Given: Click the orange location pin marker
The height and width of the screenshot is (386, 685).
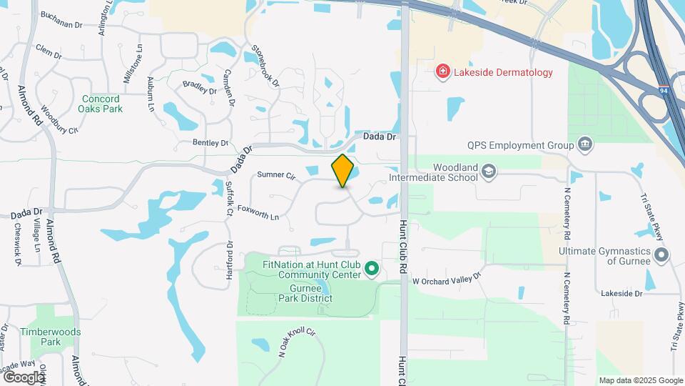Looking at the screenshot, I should click(343, 171).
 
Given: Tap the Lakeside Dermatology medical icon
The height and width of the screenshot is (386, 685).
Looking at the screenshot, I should click(443, 71).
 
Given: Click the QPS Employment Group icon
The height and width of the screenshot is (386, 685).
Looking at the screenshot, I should click(585, 145).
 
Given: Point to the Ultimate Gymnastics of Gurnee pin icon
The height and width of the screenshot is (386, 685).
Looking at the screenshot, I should click(661, 254).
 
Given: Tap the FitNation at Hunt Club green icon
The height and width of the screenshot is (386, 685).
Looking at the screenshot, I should click(371, 269).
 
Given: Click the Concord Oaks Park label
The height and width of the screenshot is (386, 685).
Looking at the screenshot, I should click(102, 104).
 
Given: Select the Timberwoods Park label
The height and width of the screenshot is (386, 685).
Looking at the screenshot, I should click(50, 337).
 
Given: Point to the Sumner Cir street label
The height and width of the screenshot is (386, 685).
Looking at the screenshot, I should click(275, 174).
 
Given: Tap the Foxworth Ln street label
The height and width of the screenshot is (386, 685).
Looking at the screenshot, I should click(258, 212).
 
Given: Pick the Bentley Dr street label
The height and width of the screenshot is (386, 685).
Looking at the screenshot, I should click(210, 143).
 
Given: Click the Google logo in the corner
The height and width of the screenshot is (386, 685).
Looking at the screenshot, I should click(24, 377).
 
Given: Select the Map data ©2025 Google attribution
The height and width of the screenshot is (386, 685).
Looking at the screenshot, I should click(641, 380).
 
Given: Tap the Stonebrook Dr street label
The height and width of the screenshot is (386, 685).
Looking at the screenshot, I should click(265, 66).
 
